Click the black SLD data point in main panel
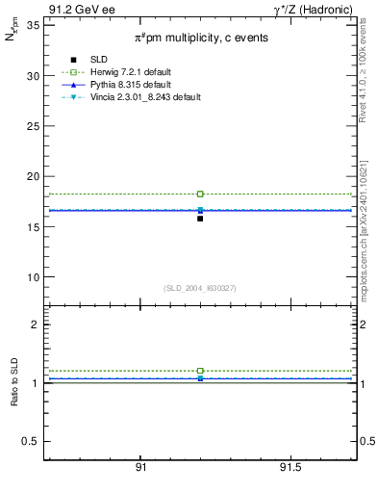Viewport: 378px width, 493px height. coord(200,219)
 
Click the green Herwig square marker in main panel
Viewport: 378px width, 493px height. coord(200,194)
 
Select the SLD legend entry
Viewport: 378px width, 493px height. coord(92,60)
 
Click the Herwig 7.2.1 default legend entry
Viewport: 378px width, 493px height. coord(126,72)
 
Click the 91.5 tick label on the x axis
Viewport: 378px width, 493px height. coord(292,467)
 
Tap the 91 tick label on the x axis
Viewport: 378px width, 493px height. coord(141,467)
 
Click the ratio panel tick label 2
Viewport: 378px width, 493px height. coord(36,324)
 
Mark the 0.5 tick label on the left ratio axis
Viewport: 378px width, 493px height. coord(32,441)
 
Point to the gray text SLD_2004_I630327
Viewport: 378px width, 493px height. coord(200,288)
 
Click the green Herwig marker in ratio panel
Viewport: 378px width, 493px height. coord(200,371)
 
